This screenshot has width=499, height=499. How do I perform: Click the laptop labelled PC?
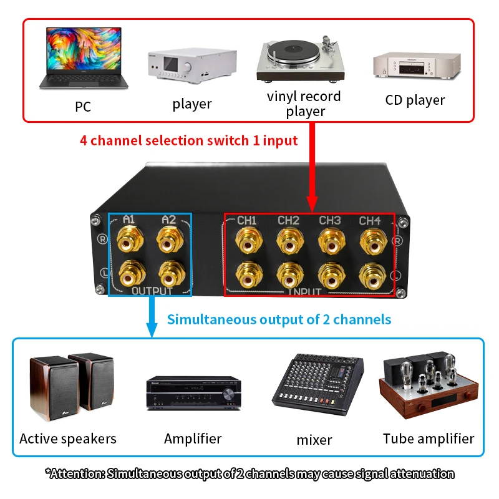84,58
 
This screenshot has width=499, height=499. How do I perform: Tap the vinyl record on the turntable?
293,51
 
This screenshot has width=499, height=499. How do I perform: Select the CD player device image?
417,65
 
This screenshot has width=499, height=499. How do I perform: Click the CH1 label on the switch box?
246,220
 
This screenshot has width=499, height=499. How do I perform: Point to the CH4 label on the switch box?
370,221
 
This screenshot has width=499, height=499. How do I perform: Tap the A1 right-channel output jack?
130,240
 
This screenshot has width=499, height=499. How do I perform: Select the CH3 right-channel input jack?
332,241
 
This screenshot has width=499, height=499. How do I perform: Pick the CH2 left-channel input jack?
290,276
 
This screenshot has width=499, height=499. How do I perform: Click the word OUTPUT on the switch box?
152,291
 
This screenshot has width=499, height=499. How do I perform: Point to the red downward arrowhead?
312,205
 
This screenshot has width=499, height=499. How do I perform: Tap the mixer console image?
317,384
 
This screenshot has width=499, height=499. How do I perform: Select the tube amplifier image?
429,385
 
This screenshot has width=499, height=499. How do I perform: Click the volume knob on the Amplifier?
228,394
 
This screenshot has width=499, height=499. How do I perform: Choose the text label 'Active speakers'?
68,439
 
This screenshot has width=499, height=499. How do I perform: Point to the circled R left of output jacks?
102,239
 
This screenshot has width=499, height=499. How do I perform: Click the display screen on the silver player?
171,64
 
